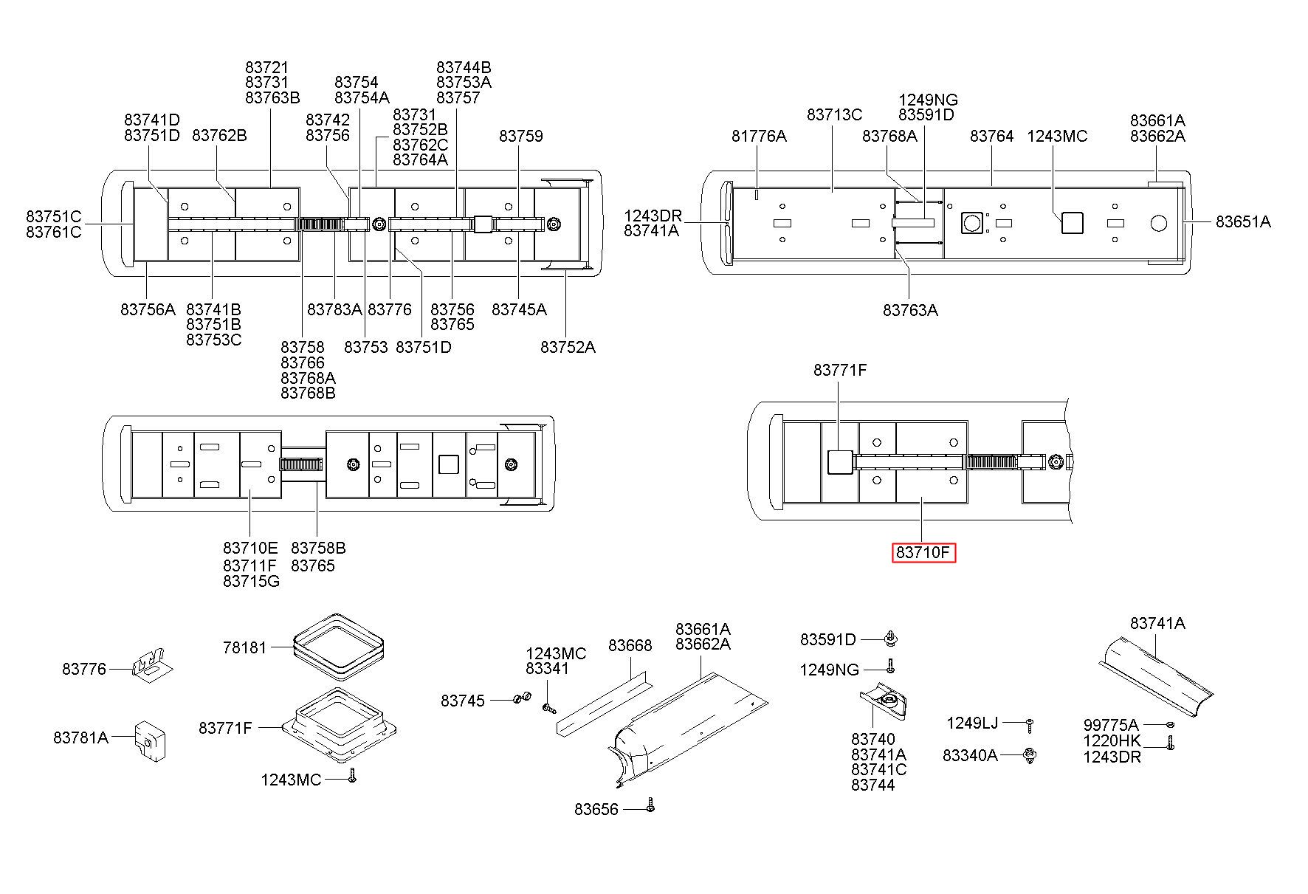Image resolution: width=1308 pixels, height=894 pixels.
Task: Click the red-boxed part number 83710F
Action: pos(923,552)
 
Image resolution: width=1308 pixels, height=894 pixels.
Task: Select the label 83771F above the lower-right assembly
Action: pos(840,370)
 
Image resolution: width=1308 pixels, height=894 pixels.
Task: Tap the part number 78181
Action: pos(244,647)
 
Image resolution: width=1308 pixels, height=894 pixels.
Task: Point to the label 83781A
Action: pos(80,737)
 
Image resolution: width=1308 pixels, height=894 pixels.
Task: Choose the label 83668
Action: pos(630,645)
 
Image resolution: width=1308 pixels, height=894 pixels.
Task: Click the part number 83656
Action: pos(596,809)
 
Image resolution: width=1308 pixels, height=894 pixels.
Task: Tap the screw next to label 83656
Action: pos(650,805)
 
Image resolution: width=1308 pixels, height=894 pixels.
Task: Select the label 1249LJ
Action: pos(972,723)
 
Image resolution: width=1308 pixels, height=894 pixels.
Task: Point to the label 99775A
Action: pos(1111,725)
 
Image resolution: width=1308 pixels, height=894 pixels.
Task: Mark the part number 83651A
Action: pos(1244,221)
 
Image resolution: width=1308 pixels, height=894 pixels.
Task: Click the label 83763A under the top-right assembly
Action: pos(910,310)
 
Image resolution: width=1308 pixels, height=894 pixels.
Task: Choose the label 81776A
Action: pos(759,136)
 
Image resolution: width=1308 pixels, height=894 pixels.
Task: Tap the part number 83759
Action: pos(521,136)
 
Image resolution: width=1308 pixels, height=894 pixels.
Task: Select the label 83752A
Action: pos(568,347)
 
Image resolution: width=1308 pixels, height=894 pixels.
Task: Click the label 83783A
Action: pos(334,309)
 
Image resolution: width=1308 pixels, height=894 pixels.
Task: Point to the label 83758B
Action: pos(318,548)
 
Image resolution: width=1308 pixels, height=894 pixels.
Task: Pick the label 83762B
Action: pos(219,135)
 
